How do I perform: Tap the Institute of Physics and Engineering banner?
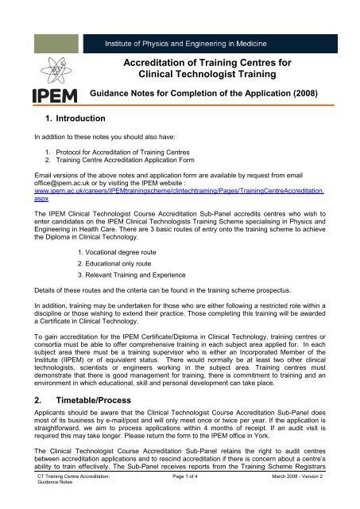pyautogui.click(x=204, y=40)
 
